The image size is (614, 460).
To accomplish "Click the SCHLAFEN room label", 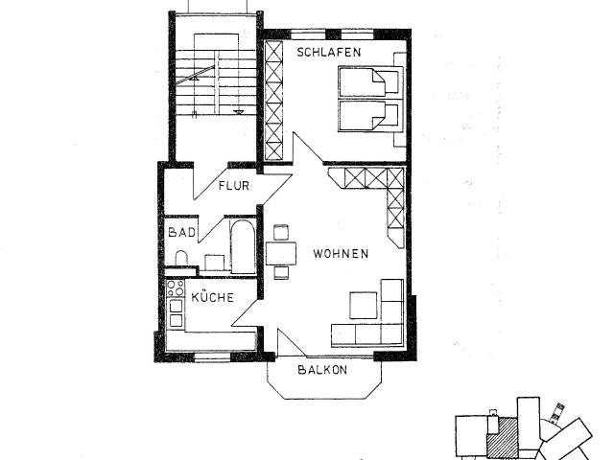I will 328,53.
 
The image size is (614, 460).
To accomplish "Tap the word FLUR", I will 233,186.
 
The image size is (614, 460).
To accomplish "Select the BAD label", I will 181,232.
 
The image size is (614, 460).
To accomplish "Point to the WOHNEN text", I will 341,254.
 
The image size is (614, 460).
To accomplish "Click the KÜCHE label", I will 212,298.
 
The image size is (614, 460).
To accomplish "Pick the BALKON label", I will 322,370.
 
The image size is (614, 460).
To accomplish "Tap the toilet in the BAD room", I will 180,259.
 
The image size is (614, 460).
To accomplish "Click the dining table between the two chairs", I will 280,252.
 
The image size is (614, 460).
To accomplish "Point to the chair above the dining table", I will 280,231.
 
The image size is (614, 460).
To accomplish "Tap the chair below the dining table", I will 280,273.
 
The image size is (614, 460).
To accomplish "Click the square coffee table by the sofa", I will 363,304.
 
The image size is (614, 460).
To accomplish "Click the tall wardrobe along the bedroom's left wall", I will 274,100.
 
